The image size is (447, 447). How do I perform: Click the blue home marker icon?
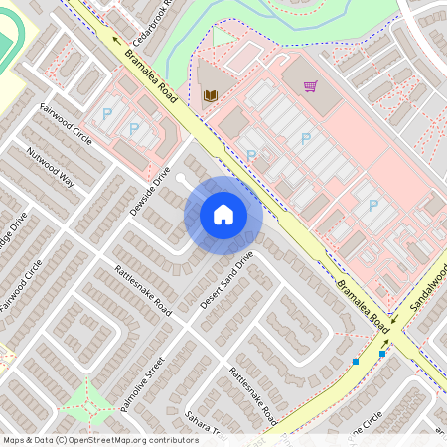[x=223, y=214]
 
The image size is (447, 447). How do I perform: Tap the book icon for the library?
[x=210, y=95]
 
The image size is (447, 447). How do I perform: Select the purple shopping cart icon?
[x=310, y=86]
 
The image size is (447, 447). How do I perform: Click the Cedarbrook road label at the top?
[x=160, y=15]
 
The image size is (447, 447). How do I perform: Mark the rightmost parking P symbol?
[x=372, y=206]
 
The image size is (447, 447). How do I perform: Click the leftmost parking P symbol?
[x=106, y=114]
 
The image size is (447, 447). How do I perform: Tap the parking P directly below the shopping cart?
[x=305, y=139]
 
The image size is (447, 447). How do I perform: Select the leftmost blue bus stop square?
[x=356, y=362]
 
